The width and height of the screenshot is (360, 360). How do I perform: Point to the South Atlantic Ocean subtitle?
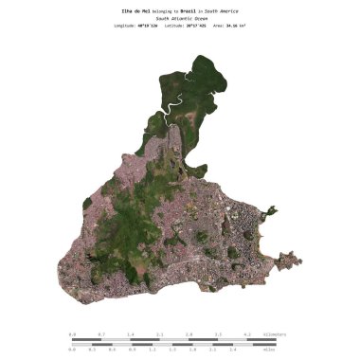pyautogui.click(x=180, y=18)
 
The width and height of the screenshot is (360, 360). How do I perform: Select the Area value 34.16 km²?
pyautogui.click(x=250, y=27)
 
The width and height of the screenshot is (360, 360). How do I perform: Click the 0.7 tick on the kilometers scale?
pyautogui.click(x=101, y=334)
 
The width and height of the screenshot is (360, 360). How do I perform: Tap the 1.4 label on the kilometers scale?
pyautogui.click(x=131, y=334)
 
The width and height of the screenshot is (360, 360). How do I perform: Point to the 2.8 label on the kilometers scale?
pyautogui.click(x=189, y=334)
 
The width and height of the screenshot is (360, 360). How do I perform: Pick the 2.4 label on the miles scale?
pyautogui.click(x=233, y=349)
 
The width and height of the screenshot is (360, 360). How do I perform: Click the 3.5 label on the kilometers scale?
pyautogui.click(x=218, y=334)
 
